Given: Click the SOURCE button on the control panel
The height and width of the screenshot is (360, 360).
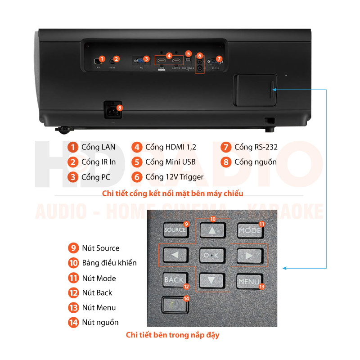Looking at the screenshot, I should coord(175,230).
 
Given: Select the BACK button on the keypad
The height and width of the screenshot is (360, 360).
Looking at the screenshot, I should coord(174,280).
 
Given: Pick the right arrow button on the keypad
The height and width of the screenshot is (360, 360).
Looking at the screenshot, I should coord(249,256).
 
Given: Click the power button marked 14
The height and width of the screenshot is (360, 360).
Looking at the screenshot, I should coord(174,304).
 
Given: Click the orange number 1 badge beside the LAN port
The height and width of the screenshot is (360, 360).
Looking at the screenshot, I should coord(102,58).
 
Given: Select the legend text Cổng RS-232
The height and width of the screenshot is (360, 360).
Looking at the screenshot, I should coord(256,147).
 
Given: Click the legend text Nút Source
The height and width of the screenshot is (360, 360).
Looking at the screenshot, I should coord(101,248).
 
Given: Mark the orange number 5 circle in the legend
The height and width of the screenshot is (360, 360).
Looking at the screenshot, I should coord(137,162).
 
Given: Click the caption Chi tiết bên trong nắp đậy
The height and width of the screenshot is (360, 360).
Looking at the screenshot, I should coord(173,335).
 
